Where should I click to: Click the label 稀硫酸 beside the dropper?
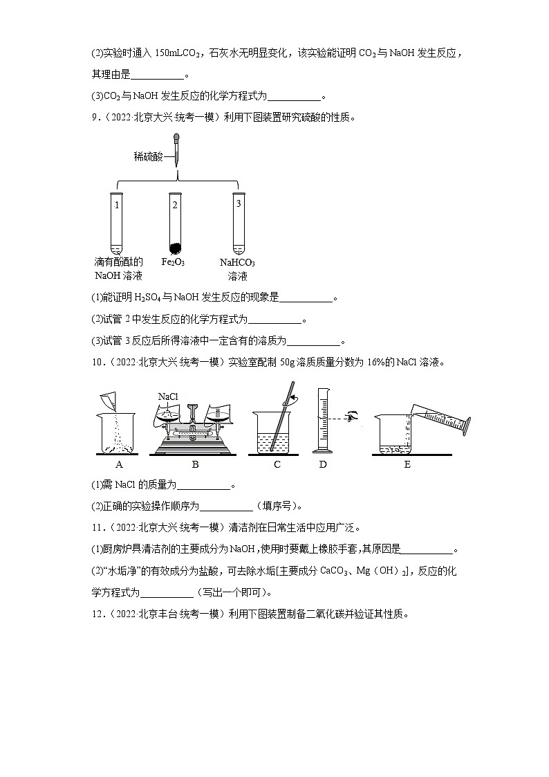(x=148, y=157)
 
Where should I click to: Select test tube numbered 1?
(x=117, y=223)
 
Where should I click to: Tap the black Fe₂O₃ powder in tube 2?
(x=175, y=247)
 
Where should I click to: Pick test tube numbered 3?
(x=238, y=223)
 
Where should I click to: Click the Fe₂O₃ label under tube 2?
(x=173, y=263)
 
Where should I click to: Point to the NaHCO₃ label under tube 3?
(x=237, y=263)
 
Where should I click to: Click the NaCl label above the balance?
(x=168, y=396)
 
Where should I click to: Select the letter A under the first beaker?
(x=119, y=464)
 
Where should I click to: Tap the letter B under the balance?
(x=195, y=464)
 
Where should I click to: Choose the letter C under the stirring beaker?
(x=277, y=464)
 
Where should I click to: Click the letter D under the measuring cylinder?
(x=323, y=464)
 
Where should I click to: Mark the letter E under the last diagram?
(x=407, y=464)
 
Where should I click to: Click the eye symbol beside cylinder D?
(x=354, y=419)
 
